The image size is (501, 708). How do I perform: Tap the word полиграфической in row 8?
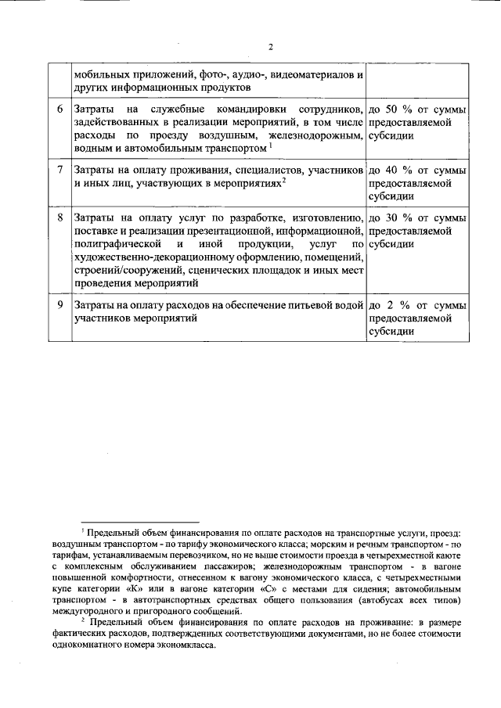click(117, 244)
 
